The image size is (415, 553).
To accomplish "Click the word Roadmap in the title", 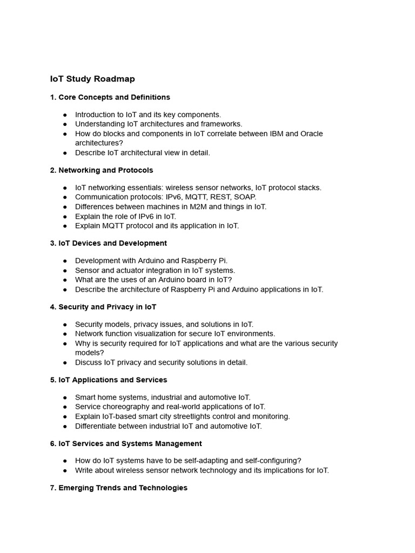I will pos(114,79).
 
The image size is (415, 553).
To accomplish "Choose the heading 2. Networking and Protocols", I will pos(102,170).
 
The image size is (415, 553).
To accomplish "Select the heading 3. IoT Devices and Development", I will pos(108,243).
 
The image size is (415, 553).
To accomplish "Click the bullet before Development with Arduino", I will pos(65,261).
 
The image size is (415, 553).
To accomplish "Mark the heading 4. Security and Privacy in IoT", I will pos(103,307).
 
